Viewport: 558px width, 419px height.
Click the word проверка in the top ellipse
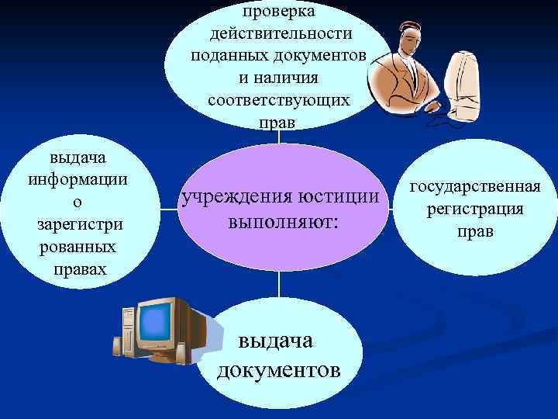[x=278, y=13]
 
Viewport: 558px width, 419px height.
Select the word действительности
[x=280, y=35]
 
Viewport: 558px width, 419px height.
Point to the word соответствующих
[x=279, y=101]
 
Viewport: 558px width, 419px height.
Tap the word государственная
[x=474, y=186]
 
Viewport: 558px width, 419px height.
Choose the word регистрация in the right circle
[x=474, y=209]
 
